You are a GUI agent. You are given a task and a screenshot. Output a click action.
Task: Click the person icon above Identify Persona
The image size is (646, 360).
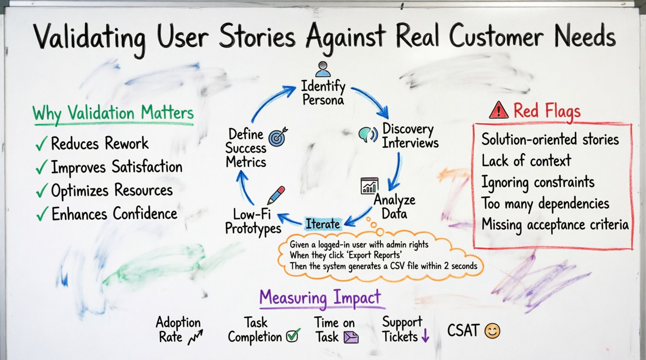pyautogui.click(x=323, y=69)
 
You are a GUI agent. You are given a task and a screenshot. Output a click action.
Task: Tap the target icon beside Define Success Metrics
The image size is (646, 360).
pyautogui.click(x=278, y=136)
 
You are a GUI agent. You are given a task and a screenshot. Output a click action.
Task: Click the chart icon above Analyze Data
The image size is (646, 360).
pyautogui.click(x=369, y=186)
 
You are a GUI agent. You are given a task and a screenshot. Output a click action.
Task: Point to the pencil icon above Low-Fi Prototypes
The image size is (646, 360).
pyautogui.click(x=276, y=195)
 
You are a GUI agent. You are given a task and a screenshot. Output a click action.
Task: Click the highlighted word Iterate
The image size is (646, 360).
pyautogui.click(x=322, y=224)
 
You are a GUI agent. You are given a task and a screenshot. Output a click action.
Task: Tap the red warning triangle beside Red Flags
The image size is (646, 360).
pyautogui.click(x=499, y=110)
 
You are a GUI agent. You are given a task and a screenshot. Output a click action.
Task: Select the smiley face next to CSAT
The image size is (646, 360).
pyautogui.click(x=492, y=331)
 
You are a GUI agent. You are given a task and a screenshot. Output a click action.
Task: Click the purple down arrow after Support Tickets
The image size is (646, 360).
pyautogui.click(x=425, y=336)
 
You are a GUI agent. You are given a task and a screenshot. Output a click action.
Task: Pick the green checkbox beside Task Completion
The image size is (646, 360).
pyautogui.click(x=293, y=335)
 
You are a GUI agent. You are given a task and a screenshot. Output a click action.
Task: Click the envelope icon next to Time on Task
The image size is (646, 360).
pyautogui.click(x=351, y=337)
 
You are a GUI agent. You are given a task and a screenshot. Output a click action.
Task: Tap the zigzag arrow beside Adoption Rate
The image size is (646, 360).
pyautogui.click(x=195, y=337)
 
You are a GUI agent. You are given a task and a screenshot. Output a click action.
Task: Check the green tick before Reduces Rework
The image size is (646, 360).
pyautogui.click(x=41, y=144)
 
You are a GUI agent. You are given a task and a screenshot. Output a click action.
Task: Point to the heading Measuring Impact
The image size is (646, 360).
pyautogui.click(x=320, y=298)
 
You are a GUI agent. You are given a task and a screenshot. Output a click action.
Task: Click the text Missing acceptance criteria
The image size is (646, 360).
pyautogui.click(x=555, y=225)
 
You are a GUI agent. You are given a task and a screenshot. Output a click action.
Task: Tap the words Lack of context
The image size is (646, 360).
pyautogui.click(x=526, y=161)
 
